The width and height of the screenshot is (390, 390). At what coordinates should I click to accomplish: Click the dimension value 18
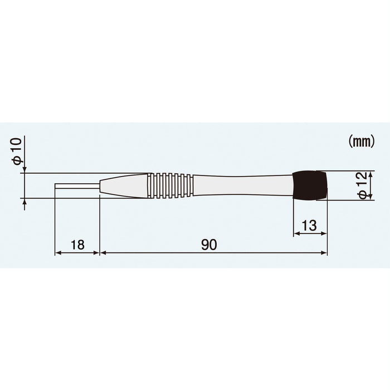tap(77, 244)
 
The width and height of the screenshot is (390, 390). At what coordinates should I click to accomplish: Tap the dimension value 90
tap(209, 244)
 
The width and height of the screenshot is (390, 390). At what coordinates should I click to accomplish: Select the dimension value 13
tap(309, 226)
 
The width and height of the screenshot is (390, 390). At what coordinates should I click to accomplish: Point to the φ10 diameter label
tap(17, 151)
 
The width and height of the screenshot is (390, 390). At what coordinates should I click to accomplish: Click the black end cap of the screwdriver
tap(310, 186)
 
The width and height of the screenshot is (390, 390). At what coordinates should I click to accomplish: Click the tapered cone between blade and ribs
tap(124, 186)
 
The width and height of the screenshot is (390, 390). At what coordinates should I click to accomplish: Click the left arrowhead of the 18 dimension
tap(57, 252)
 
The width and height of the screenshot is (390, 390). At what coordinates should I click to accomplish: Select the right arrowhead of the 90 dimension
tap(325, 252)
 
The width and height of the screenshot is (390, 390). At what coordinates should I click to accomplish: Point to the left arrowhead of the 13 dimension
tap(295, 234)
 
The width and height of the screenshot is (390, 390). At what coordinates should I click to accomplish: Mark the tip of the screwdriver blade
tap(56, 186)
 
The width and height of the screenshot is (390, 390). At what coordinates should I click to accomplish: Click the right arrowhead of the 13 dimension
tap(325, 234)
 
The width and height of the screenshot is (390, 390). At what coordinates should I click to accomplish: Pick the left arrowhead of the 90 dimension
tap(102, 252)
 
